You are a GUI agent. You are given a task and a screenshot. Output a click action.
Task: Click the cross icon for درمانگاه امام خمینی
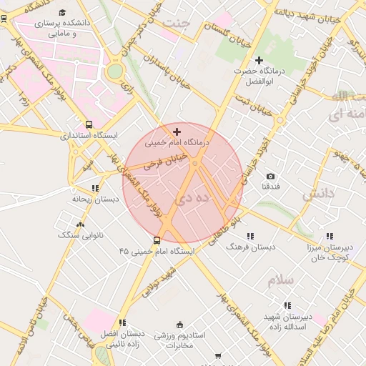coord(177,132)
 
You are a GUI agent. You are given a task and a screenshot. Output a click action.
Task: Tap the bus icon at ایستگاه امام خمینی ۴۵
coord(157,240)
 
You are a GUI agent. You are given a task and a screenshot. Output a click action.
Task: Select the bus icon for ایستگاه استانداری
coord(89,124)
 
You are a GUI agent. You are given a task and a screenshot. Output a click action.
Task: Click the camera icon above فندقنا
coord(270,176)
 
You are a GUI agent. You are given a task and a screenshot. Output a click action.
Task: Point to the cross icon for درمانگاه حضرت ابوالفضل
coord(259,61)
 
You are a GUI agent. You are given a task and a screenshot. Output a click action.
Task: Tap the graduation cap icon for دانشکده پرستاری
coord(62,13)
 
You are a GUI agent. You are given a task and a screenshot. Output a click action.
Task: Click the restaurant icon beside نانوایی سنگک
coord(97,224)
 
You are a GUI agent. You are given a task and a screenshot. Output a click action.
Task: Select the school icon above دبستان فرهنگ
coord(250,236)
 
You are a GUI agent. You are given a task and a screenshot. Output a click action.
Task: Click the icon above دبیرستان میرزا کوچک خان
coord(330,236)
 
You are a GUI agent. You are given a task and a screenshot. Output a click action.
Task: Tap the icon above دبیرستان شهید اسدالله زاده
coord(288,305)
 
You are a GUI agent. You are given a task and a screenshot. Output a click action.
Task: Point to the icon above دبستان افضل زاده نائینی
coord(123,322)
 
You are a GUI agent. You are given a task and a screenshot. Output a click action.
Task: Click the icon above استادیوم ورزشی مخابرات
coord(179,324)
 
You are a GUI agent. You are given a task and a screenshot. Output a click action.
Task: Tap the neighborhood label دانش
coord(318,194)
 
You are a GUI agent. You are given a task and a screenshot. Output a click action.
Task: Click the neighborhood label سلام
coord(281,281)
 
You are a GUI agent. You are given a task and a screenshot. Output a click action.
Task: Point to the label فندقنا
coord(270,187)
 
